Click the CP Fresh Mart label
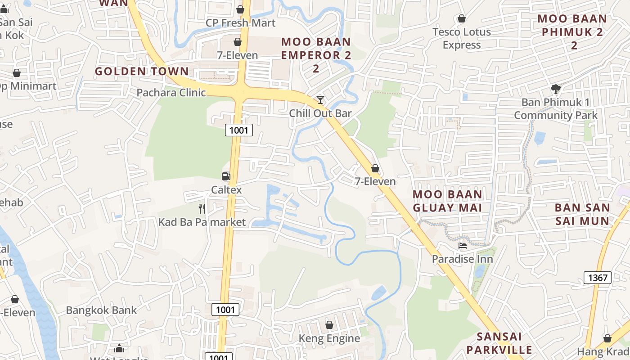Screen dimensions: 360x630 pyautogui.click(x=240, y=22)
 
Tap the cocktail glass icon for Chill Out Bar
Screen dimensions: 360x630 pyautogui.click(x=320, y=99)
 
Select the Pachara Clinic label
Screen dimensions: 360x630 pyautogui.click(x=171, y=93)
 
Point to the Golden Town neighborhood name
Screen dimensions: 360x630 pyautogui.click(x=142, y=71)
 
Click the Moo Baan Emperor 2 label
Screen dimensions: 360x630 pyautogui.click(x=316, y=55)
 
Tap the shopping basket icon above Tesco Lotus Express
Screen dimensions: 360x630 pyautogui.click(x=461, y=18)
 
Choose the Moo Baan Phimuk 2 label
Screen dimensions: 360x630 pyautogui.click(x=572, y=32)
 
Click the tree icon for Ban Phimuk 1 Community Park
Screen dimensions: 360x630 pyautogui.click(x=556, y=89)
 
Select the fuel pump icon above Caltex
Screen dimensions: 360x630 pyautogui.click(x=226, y=176)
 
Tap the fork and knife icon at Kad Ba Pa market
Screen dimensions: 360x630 pyautogui.click(x=202, y=208)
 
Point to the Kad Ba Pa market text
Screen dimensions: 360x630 pyautogui.click(x=202, y=222)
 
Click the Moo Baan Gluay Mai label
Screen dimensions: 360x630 pyautogui.click(x=448, y=201)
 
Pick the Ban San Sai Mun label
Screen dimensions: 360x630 pyautogui.click(x=582, y=214)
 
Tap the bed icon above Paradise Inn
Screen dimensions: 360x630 pyautogui.click(x=462, y=246)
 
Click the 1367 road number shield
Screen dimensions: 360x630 pyautogui.click(x=598, y=278)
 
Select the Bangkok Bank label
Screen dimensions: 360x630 pyautogui.click(x=101, y=310)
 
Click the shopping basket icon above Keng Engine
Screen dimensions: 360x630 pyautogui.click(x=329, y=325)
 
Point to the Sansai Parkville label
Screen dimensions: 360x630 pyautogui.click(x=499, y=343)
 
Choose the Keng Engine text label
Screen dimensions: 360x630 pyautogui.click(x=329, y=338)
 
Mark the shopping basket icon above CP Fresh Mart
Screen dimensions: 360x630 pyautogui.click(x=240, y=9)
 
